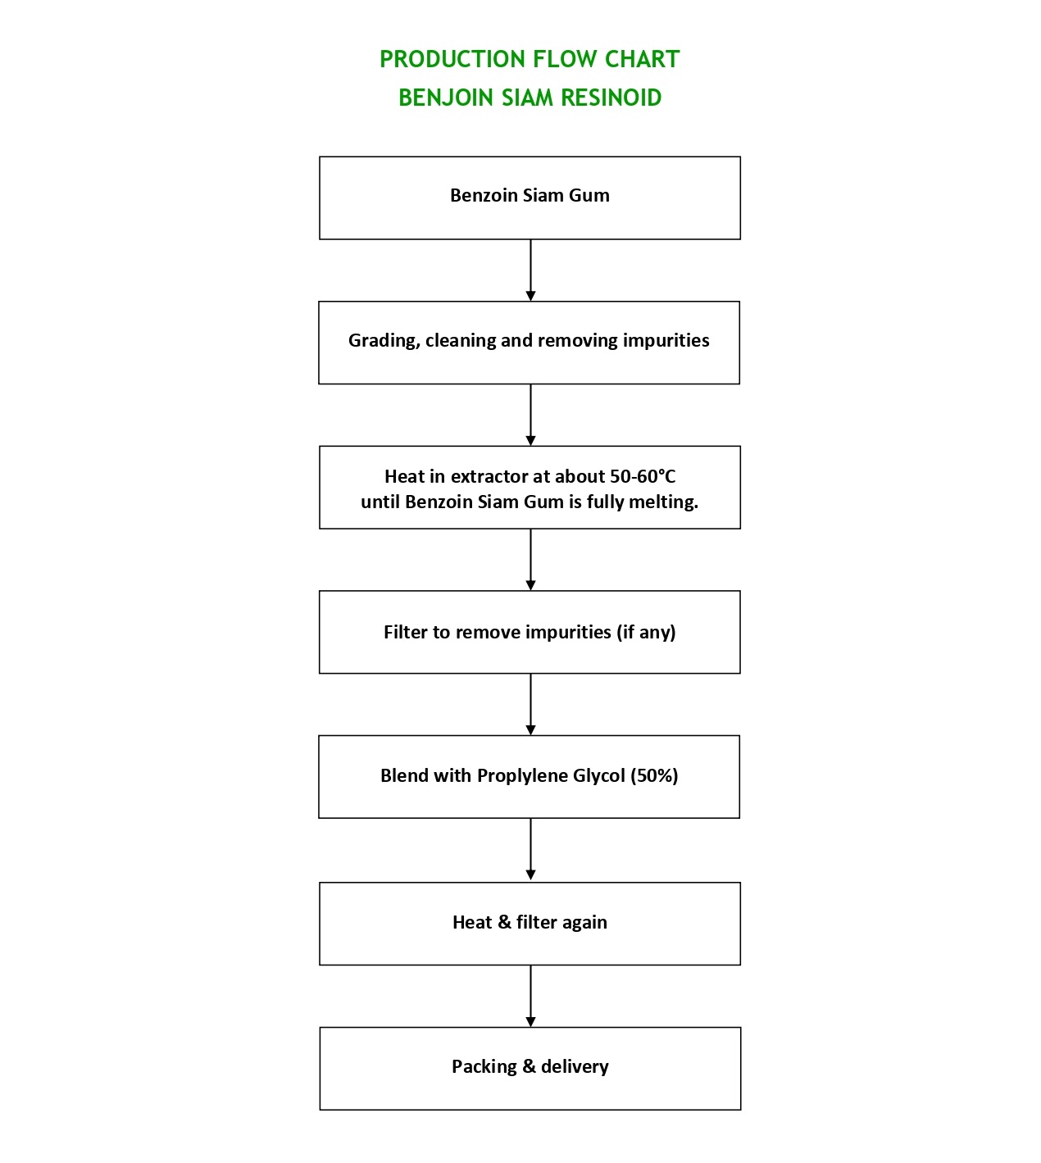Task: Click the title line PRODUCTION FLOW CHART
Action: (x=530, y=59)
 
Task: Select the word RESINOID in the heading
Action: (x=611, y=98)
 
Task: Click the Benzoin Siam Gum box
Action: (x=530, y=198)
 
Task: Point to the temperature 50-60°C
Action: (x=643, y=476)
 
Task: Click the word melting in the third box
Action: (x=664, y=502)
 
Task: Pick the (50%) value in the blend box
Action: (x=654, y=775)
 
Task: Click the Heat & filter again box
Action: (x=530, y=923)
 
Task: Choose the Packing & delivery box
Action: (x=530, y=1068)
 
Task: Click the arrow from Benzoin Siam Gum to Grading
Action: (x=530, y=270)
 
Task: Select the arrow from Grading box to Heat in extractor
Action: (x=530, y=415)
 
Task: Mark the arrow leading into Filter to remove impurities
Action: (x=530, y=560)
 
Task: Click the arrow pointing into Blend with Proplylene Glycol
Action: (x=530, y=704)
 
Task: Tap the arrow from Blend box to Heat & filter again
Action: (x=530, y=850)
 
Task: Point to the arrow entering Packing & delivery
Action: (x=530, y=996)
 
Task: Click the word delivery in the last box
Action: (x=575, y=1066)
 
